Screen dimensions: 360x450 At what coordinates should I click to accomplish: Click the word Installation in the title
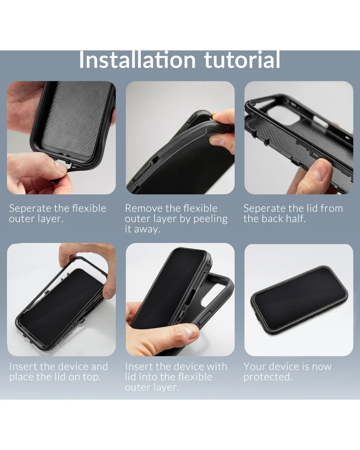(137, 60)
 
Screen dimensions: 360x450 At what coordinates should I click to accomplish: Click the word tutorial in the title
(242, 60)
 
